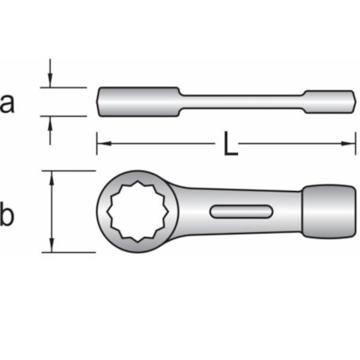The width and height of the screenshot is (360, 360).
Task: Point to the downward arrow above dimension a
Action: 50,81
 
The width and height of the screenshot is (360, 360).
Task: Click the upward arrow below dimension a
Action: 50,123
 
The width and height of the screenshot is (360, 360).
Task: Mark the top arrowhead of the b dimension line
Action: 52,176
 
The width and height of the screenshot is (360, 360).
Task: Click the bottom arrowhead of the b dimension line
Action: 52,247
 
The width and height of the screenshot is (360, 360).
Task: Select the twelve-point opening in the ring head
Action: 137,211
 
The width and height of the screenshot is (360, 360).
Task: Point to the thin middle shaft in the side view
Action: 243,100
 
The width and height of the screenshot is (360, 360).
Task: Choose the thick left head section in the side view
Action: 137,101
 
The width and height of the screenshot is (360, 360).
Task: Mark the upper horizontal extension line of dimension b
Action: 74,171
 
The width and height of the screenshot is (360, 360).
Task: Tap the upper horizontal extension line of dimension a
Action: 67,87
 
